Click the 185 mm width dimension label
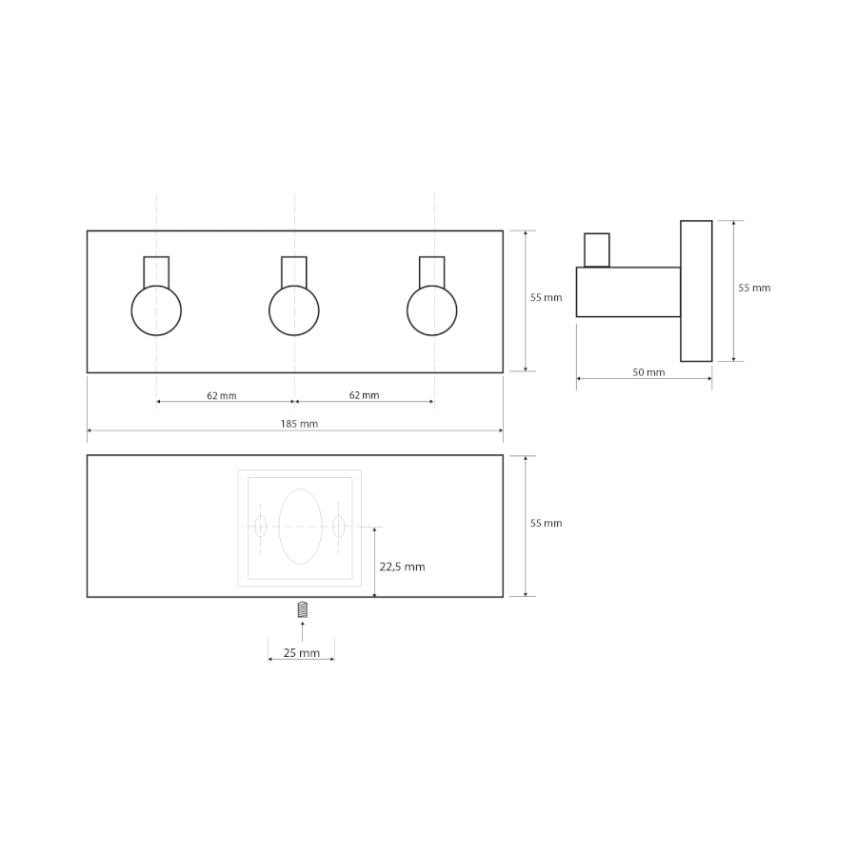(x=299, y=424)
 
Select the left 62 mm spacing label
(x=221, y=396)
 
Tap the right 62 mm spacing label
(x=364, y=395)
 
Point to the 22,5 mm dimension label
(x=402, y=567)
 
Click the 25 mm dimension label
(x=301, y=652)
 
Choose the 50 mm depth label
(x=648, y=372)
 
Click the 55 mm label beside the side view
(x=754, y=288)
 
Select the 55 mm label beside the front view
(x=546, y=297)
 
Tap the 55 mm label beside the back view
(x=546, y=523)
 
